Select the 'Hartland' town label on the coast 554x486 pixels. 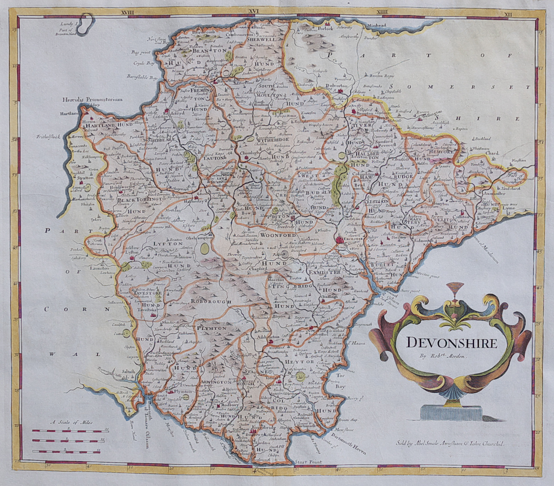point(71,113)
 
